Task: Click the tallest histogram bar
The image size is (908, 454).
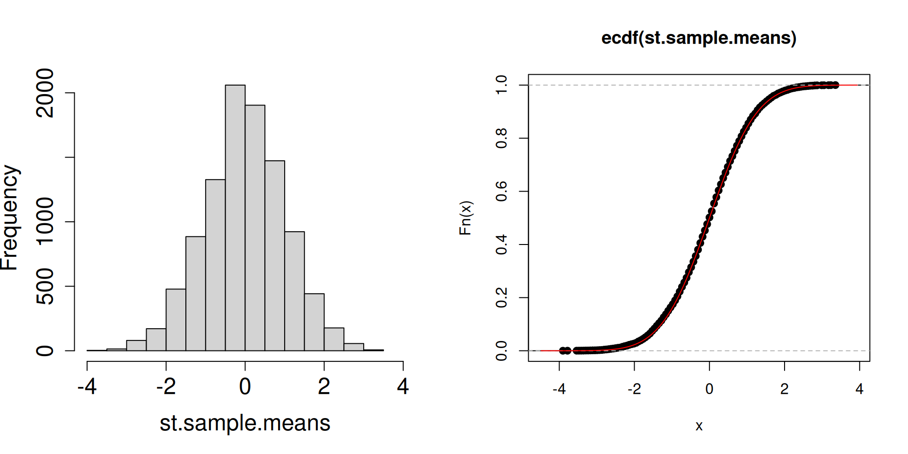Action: [x=235, y=218]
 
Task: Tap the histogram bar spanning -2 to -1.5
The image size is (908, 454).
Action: [x=175, y=320]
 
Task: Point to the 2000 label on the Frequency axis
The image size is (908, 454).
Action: [x=45, y=93]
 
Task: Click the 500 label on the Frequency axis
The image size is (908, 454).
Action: [x=45, y=286]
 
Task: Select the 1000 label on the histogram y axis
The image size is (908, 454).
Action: [x=45, y=221]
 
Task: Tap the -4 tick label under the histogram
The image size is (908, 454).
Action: [x=87, y=386]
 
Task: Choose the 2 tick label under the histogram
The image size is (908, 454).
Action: [x=324, y=386]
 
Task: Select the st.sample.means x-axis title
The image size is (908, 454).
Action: [x=245, y=423]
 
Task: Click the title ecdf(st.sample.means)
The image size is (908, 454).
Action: [x=698, y=38]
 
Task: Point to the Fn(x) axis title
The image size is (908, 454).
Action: [x=465, y=218]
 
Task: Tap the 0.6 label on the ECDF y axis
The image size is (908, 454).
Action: [x=501, y=191]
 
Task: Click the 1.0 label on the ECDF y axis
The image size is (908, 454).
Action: [x=501, y=85]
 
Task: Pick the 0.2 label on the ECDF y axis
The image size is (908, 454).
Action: [x=501, y=297]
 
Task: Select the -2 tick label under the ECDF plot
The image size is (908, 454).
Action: [x=634, y=389]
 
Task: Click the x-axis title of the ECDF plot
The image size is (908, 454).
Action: [x=699, y=426]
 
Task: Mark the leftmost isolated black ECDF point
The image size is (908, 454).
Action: [x=562, y=350]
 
